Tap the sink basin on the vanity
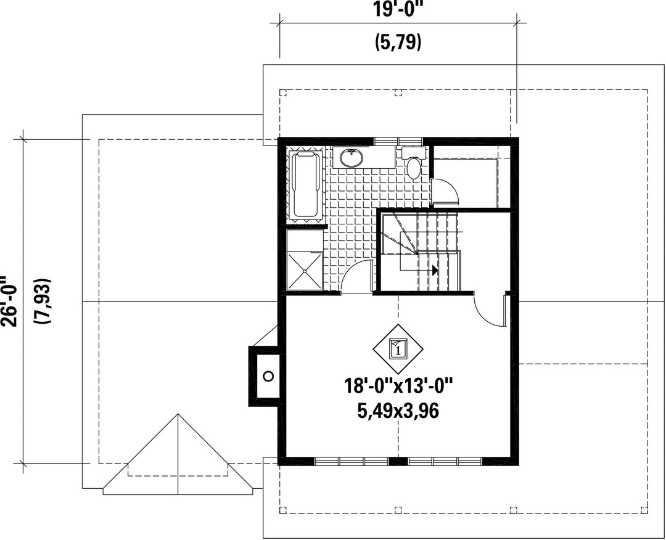click(351, 158)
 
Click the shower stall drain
click(305, 271)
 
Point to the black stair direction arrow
click(435, 270)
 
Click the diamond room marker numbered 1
click(398, 349)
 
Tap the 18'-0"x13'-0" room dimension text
click(398, 387)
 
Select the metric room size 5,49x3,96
click(398, 411)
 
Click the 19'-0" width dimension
click(398, 9)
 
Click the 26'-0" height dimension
click(9, 301)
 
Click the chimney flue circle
click(268, 375)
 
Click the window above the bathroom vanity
click(398, 141)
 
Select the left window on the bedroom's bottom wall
click(351, 461)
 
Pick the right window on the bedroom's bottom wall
click(445, 461)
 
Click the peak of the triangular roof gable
click(178, 414)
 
